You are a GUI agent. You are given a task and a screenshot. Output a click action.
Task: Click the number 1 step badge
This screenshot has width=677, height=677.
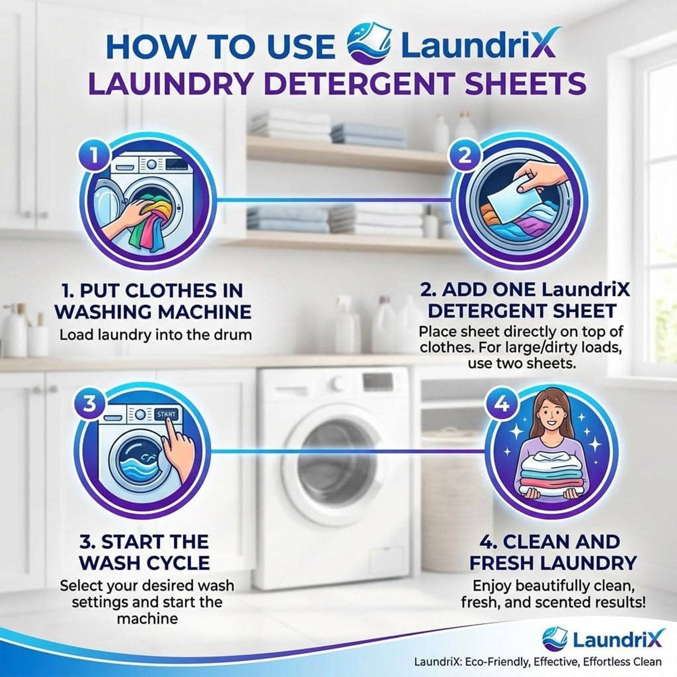coord(94,156)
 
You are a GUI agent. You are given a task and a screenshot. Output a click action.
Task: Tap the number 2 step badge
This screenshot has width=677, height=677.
coord(464,156)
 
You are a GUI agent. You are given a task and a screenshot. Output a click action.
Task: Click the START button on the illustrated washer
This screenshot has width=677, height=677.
coord(167,414)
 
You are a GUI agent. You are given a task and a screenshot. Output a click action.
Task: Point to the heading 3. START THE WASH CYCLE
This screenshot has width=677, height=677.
coord(144,552)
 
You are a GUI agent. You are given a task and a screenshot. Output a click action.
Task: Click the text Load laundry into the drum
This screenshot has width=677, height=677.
coord(156,335)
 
